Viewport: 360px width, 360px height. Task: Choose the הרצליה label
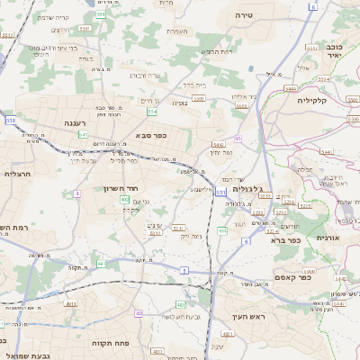click(x=18, y=174)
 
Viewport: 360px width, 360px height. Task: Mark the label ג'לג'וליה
click(x=247, y=190)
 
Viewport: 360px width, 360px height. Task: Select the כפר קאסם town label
click(x=317, y=277)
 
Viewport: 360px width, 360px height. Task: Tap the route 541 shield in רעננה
click(x=83, y=134)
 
